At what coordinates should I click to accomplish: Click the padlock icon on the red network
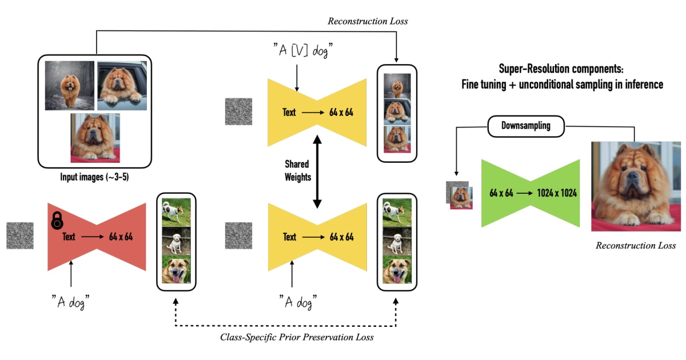coord(57,221)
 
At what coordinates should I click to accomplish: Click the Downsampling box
coord(525,126)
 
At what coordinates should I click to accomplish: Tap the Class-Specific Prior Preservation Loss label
coord(297,337)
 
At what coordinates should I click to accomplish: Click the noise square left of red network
coord(20,235)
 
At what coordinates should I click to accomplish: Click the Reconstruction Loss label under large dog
coord(635,246)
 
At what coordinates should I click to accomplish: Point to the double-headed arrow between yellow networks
coord(317,170)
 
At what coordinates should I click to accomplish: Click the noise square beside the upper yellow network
coord(238,112)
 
